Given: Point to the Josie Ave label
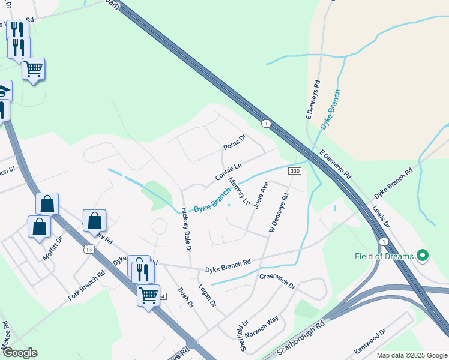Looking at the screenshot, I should click(261, 196).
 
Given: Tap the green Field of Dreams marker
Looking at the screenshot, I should click(423, 256).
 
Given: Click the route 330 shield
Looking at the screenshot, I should click(294, 172).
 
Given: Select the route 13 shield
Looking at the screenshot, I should click(89, 249).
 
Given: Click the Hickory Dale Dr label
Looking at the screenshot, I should click(186, 229).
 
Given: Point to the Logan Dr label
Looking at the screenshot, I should click(207, 296).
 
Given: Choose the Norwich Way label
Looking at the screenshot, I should click(262, 328).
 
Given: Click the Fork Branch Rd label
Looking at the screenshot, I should click(86, 285).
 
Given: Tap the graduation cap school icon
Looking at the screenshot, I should click(4, 91).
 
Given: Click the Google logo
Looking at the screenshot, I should click(20, 353).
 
